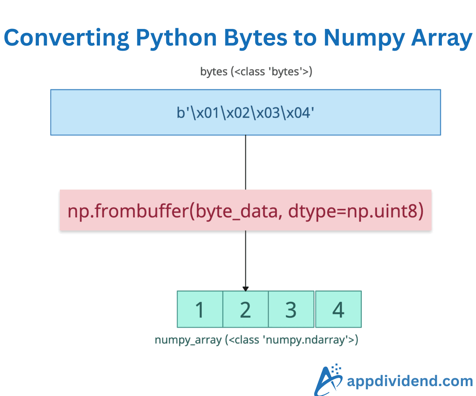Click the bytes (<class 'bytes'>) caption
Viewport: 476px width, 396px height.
tap(256, 72)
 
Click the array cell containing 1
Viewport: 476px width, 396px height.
tap(200, 309)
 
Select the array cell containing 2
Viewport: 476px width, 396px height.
tap(246, 309)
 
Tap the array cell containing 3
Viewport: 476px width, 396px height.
tap(291, 309)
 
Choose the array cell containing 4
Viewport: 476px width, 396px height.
tap(338, 309)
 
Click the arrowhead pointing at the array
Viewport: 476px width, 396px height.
tap(246, 288)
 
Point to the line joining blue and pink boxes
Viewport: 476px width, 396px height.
tap(246, 162)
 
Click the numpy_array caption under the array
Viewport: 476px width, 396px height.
tap(188, 340)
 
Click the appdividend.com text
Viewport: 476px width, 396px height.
tap(409, 381)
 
